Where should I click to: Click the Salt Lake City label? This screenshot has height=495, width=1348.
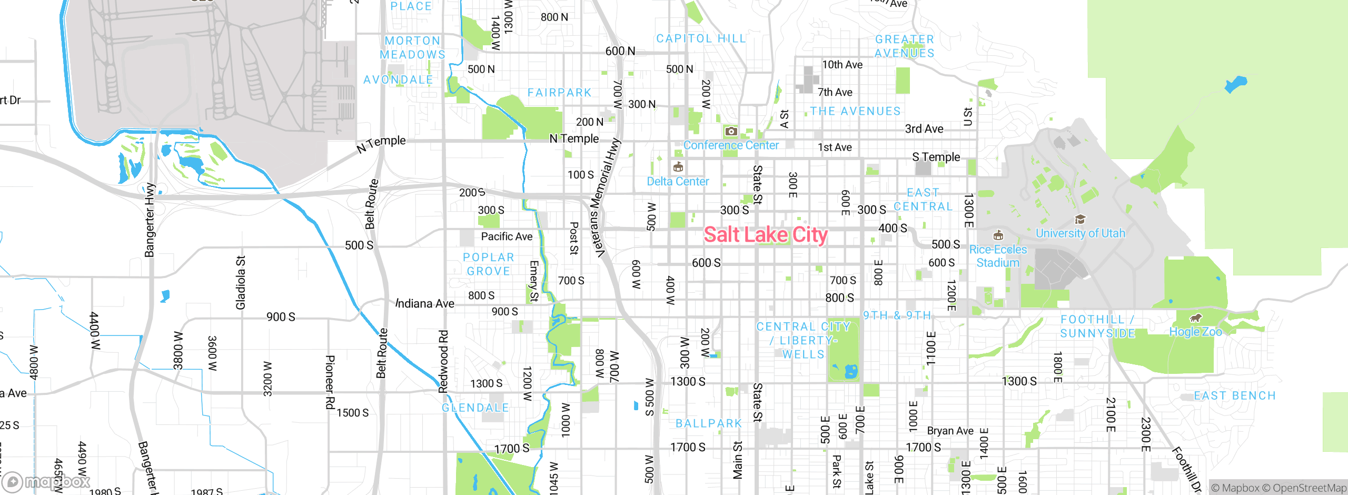pos(766,235)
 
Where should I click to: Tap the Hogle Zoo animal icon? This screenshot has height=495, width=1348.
pos(1196,318)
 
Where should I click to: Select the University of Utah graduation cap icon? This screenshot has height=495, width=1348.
pos(1080,219)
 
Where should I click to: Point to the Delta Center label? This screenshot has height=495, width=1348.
pos(678,182)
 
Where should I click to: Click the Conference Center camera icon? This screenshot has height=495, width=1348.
pos(731,131)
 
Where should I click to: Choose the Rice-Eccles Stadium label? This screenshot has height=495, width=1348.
pos(998,256)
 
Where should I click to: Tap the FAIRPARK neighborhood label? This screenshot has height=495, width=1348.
pos(560,93)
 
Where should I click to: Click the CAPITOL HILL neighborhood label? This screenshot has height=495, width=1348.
pos(701,38)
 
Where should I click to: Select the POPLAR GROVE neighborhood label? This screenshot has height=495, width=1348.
pos(488,264)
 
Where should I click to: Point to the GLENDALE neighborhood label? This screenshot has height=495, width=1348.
pos(475,408)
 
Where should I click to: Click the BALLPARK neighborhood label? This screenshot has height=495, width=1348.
pos(709,423)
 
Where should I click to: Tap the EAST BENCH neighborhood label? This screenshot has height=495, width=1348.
pos(1235,395)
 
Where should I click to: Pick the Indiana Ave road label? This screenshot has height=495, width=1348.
pos(425,303)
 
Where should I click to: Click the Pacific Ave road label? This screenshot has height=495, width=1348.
pos(507,236)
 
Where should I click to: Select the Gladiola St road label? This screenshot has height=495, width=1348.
pos(240,283)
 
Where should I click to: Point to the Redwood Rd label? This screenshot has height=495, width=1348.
pos(443,361)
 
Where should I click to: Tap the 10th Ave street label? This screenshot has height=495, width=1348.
pos(842,65)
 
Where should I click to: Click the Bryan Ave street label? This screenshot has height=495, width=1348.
pos(950,431)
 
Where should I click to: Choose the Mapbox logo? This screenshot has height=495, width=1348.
pos(46,482)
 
